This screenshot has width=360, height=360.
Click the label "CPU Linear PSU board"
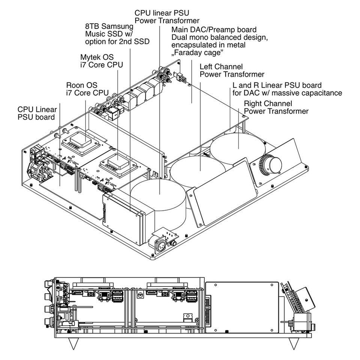point(37,114)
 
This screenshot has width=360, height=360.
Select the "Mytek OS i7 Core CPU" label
point(102,61)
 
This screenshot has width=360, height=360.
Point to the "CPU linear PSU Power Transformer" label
point(167,16)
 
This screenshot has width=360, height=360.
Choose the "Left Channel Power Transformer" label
point(232,70)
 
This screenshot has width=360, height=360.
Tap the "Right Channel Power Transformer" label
point(276,107)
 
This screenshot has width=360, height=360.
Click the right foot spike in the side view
point(294,343)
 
